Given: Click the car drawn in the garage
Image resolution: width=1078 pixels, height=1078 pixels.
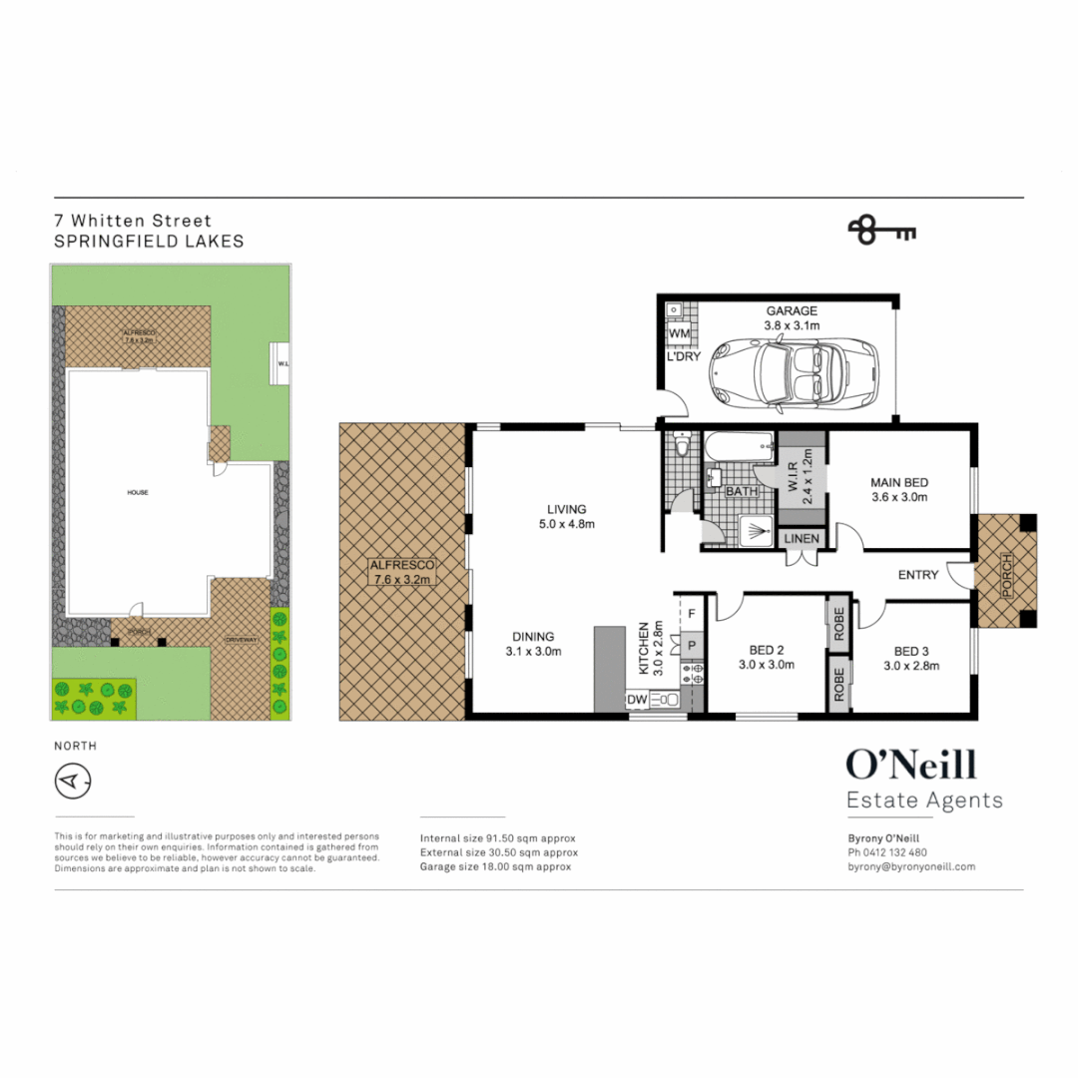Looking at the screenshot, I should pos(794,370).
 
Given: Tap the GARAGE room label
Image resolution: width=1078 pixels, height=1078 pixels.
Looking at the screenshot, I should pos(792,311).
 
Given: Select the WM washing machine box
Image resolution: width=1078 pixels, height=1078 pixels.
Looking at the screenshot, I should pos(679,332).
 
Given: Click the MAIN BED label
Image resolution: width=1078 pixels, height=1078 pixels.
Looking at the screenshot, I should pos(899,482).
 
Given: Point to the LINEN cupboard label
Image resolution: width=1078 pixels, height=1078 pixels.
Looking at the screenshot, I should pos(803,539).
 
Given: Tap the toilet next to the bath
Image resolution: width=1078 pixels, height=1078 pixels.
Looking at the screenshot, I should pos(682,443).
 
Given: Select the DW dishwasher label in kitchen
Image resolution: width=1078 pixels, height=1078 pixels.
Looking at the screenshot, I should pos(637,701).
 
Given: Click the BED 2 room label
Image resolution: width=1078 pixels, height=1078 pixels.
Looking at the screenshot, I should pos(766,649).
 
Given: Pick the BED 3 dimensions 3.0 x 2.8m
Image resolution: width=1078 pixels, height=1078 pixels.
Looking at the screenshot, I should pos(911,666).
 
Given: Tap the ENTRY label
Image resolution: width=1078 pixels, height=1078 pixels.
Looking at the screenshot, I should pos(918,574).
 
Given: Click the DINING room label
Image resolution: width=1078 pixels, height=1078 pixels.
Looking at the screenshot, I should pos(534,637).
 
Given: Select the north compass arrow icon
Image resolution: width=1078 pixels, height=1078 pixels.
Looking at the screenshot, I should pos(72,782).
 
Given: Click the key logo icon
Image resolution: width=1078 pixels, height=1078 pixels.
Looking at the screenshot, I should pos(881,231).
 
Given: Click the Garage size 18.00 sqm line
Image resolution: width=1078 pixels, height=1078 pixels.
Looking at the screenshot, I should pos(496,867).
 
